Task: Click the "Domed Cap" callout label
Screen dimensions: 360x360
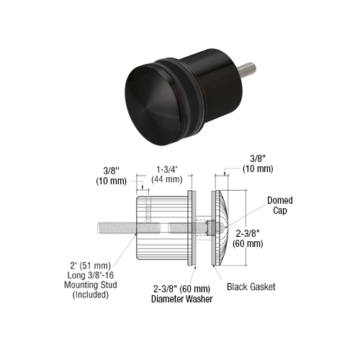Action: click(x=280, y=205)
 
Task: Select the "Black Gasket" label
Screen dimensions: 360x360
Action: click(x=251, y=287)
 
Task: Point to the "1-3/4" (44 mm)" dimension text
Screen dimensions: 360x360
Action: click(x=167, y=174)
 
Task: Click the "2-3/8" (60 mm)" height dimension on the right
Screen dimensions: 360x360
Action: click(x=248, y=238)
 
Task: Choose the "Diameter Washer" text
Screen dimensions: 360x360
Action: click(x=181, y=299)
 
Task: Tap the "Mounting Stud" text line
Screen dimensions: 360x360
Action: click(x=91, y=285)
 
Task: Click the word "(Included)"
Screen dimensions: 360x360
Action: click(x=90, y=294)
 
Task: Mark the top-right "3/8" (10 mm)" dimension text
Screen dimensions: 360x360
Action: click(x=258, y=164)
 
